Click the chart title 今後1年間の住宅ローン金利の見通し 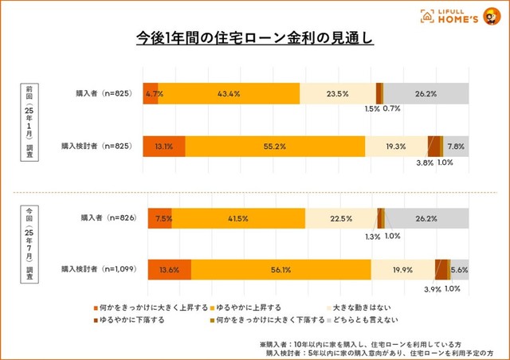254,38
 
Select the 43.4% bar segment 229,93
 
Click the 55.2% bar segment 275,147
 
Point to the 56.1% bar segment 280,270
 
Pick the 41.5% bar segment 238,218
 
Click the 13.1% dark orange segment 163,147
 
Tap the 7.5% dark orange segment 159,218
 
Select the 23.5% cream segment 337,93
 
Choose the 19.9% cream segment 402,270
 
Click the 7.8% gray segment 457,147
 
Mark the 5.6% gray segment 460,270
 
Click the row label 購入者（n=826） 107,217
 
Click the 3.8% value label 425,162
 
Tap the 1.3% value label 372,236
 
